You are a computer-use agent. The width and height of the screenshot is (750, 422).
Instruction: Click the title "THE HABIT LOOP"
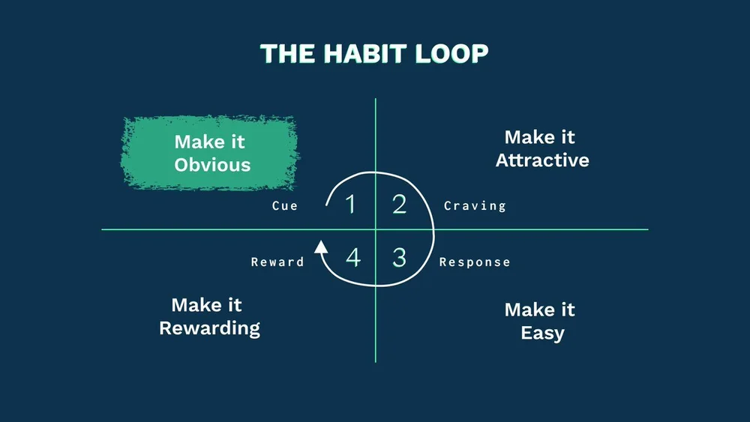coord(374,54)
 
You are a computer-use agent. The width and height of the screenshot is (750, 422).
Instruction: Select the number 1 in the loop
coord(349,205)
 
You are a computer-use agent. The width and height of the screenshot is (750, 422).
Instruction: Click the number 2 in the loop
coord(399,205)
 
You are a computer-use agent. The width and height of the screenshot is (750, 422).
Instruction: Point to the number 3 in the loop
coord(399,258)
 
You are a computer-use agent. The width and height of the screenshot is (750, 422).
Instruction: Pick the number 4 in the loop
coord(353,258)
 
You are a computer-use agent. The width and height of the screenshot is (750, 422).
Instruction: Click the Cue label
coord(285,206)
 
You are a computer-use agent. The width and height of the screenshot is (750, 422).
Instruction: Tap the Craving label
coord(475,206)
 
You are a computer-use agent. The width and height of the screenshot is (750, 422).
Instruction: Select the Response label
coord(475,262)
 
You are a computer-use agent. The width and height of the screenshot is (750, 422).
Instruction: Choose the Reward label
coord(277,262)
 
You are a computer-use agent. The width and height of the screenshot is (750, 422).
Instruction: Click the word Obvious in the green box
coord(212,165)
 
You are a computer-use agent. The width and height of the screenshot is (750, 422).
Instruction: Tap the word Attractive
coord(542,160)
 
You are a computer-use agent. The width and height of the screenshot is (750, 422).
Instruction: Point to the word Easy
coord(542,333)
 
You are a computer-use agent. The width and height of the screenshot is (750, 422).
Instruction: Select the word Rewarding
coord(210,328)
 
